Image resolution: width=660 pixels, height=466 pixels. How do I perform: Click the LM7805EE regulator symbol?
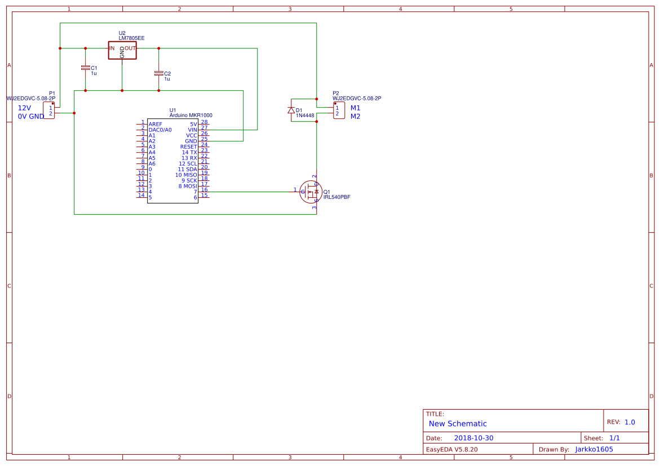click(122, 50)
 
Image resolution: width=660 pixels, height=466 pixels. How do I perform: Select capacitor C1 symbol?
click(86, 68)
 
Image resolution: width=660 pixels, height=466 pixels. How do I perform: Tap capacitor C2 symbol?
click(159, 73)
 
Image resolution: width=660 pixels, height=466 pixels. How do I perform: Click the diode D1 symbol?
click(291, 110)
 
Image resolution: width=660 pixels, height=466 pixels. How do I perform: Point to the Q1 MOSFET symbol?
click(311, 192)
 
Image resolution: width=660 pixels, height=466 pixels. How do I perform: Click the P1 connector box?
click(49, 110)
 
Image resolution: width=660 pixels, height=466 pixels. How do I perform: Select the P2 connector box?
click(339, 110)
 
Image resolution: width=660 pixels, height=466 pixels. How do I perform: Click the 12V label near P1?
click(24, 108)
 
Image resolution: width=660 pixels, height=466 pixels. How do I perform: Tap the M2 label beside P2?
click(355, 117)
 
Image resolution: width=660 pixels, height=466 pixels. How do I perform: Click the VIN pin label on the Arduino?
click(192, 130)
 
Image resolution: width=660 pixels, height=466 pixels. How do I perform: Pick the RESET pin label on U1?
click(189, 147)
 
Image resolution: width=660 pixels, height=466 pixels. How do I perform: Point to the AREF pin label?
click(156, 124)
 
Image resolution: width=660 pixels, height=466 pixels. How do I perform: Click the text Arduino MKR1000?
click(191, 116)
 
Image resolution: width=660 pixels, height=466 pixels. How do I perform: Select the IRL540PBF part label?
click(336, 197)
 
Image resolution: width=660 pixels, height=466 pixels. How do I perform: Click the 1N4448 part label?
click(305, 116)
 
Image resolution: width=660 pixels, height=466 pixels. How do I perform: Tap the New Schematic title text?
click(458, 424)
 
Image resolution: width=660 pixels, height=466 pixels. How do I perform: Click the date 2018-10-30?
click(473, 438)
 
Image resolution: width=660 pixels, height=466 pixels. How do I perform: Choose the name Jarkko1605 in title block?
click(594, 450)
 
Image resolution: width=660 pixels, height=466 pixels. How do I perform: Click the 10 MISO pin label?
click(186, 175)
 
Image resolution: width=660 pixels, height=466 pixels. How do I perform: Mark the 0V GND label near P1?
click(31, 117)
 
